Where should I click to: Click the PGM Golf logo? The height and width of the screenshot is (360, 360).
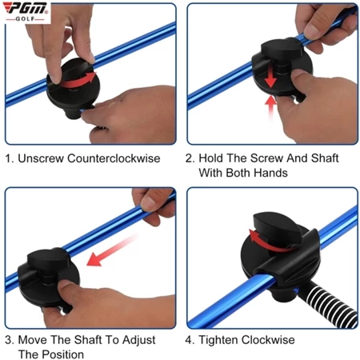tap(26, 12)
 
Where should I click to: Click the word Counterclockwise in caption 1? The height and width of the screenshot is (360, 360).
tap(114, 158)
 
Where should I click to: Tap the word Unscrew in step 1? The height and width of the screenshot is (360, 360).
tap(41, 158)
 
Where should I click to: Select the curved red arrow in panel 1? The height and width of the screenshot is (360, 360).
tap(79, 80)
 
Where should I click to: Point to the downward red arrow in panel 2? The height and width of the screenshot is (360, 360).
tap(270, 77)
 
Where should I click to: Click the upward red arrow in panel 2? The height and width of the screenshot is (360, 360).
tap(271, 108)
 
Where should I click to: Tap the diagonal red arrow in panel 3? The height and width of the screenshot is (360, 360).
tap(112, 250)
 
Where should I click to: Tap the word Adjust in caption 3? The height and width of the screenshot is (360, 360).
tap(138, 340)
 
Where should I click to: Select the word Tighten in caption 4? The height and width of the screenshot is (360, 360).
tap(218, 340)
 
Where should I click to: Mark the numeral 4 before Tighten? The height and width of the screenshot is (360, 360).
tap(188, 340)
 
